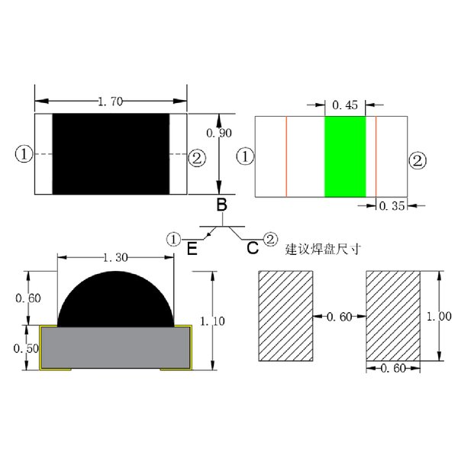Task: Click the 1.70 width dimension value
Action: coord(110,102)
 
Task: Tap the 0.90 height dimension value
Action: coord(219,133)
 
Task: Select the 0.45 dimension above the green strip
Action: coord(345,105)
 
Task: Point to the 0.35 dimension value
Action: coord(392,206)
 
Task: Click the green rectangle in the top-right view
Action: coord(345,156)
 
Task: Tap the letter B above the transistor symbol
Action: coord(221,205)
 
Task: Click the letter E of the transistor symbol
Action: coord(192,249)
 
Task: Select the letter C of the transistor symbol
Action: coord(253,248)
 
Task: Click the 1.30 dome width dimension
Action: coord(116,258)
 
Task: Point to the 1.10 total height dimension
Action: coord(212,321)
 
